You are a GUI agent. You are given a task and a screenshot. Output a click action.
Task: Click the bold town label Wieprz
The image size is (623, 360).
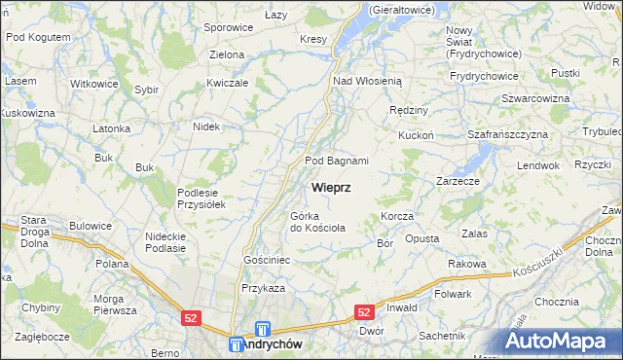[x=331, y=186]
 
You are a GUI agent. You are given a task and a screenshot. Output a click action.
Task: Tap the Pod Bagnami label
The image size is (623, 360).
[x=337, y=161]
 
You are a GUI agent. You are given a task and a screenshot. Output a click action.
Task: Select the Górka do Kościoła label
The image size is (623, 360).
[x=317, y=222]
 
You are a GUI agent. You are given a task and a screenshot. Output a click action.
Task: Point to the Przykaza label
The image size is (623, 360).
[x=263, y=288]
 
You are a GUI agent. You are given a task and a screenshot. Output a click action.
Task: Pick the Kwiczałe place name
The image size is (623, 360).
[x=229, y=83]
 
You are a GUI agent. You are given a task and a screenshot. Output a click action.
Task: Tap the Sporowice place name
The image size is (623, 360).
[x=228, y=28]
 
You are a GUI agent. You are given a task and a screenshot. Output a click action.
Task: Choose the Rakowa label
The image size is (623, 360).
[x=466, y=264]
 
